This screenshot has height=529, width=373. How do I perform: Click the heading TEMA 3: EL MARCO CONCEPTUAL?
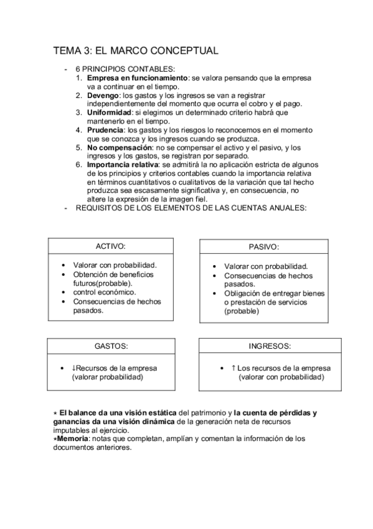click(135, 51)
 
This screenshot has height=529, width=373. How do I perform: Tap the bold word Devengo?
click(103, 95)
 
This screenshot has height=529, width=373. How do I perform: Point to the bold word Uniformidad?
click(110, 112)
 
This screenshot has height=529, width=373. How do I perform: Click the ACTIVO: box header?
click(111, 246)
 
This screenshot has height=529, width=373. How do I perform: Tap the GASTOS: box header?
click(111, 345)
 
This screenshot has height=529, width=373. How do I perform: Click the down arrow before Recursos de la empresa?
click(73, 367)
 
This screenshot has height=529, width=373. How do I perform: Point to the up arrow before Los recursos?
click(233, 367)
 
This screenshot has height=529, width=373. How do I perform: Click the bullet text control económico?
click(104, 291)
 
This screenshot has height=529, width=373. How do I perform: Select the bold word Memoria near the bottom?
click(73, 439)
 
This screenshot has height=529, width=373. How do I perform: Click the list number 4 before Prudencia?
click(78, 130)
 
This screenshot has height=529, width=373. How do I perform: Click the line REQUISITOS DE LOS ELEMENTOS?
click(191, 207)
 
